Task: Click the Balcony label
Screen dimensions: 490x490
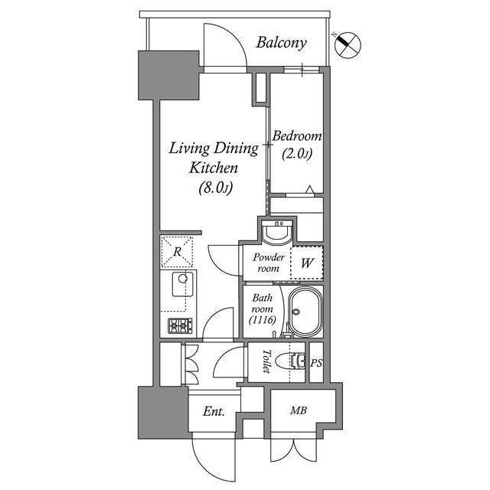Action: [281, 42]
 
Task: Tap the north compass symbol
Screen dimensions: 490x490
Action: [348, 44]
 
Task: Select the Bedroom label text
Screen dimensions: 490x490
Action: [297, 136]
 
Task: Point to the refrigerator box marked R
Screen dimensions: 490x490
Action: [176, 251]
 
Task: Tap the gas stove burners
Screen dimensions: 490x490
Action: [180, 325]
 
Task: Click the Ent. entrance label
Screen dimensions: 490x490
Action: [214, 412]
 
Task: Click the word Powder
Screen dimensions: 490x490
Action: [269, 257]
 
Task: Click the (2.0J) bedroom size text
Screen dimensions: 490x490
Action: [296, 153]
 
